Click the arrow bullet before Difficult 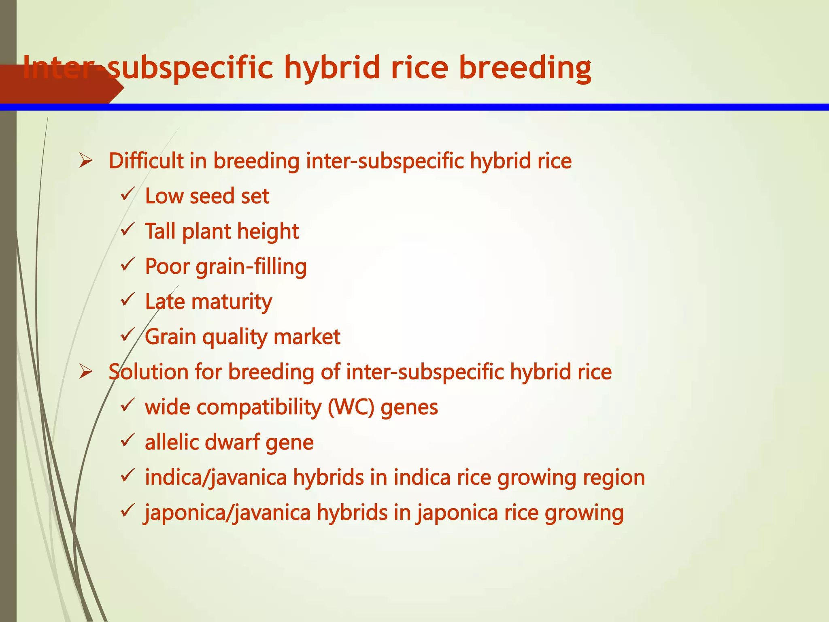pyautogui.click(x=86, y=161)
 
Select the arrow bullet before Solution pyautogui.click(x=86, y=372)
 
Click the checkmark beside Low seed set pyautogui.click(x=128, y=195)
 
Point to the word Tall pyautogui.click(x=160, y=231)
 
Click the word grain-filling pyautogui.click(x=251, y=267)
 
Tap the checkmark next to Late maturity pyautogui.click(x=128, y=300)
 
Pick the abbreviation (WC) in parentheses pyautogui.click(x=351, y=407)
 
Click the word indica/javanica pyautogui.click(x=216, y=478)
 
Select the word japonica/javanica pyautogui.click(x=227, y=513)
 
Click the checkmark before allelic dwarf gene pyautogui.click(x=128, y=441)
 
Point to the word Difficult pyautogui.click(x=146, y=161)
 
